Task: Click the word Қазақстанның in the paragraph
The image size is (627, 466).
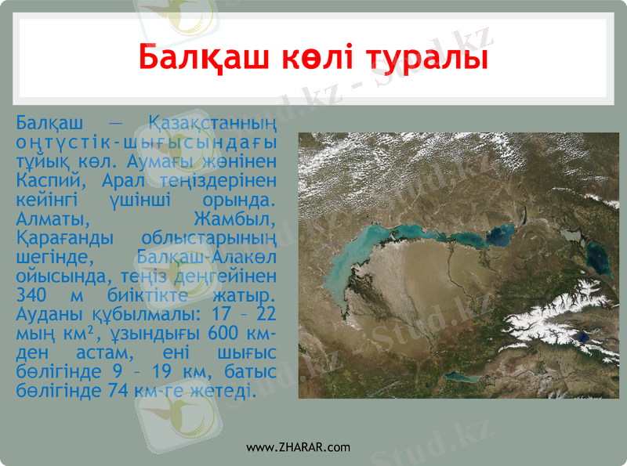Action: pos(212,123)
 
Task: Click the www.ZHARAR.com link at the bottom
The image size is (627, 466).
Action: pos(299,447)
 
